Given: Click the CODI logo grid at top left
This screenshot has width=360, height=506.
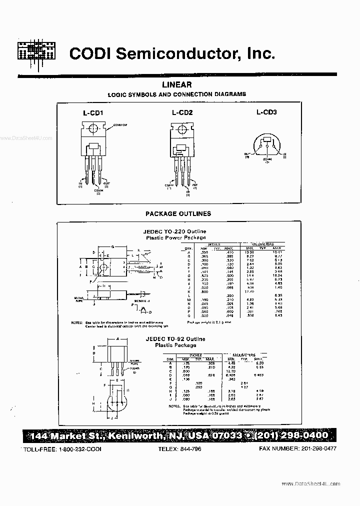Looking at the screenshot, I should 36,51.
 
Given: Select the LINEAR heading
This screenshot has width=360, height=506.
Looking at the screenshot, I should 177,85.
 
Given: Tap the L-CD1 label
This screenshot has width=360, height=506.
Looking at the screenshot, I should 92,113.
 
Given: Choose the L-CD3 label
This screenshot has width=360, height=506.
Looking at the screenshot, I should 266,112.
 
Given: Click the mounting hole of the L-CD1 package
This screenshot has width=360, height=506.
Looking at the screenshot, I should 92,129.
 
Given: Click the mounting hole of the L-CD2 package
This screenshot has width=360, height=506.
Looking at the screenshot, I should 180,129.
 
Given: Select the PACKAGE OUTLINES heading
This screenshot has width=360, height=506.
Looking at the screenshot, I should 178,213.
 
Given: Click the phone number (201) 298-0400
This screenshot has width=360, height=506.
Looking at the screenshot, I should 292,435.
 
